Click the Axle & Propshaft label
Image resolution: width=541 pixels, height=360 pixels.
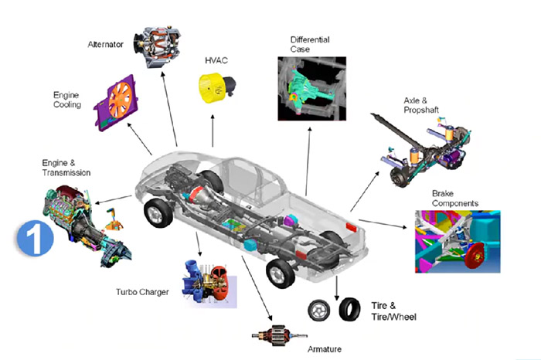pos(421,105)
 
